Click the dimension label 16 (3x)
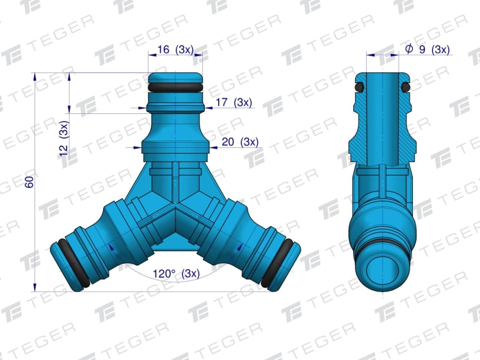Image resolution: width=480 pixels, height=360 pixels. (175, 49)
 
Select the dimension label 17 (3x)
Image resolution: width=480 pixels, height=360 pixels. (234, 102)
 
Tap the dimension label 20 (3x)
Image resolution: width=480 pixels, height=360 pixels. (240, 142)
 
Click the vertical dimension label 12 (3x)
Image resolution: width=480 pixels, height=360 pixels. (64, 138)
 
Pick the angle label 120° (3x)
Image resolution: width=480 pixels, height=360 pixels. (176, 273)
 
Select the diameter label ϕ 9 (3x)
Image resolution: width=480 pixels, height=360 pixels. (428, 49)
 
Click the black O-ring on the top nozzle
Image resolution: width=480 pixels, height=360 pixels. (175, 87)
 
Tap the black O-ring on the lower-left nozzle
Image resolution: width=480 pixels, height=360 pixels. (74, 263)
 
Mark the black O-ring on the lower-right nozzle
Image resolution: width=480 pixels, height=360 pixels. (277, 263)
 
